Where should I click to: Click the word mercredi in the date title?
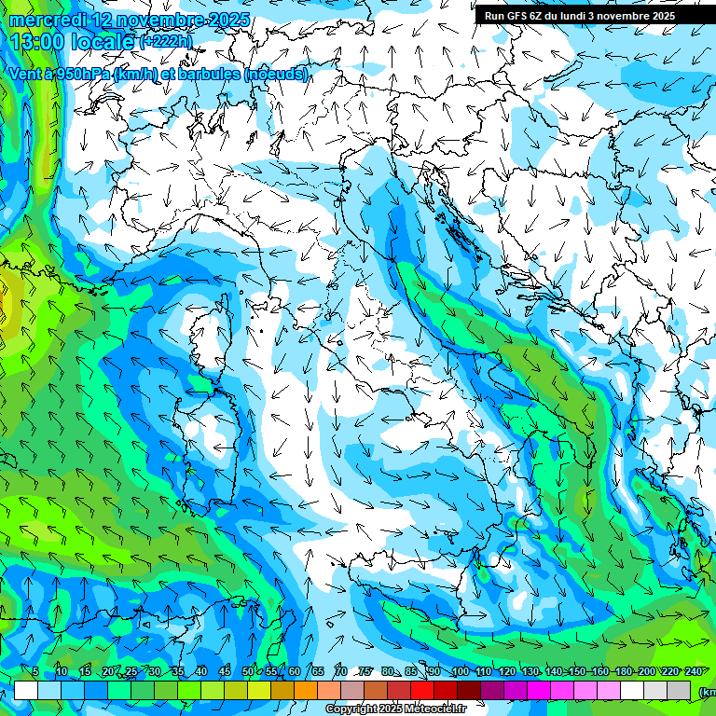(44, 20)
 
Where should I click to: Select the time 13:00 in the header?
(38, 42)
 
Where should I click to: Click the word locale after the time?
(102, 42)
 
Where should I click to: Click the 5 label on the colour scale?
(35, 671)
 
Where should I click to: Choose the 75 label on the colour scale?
(365, 671)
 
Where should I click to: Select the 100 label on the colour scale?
(460, 671)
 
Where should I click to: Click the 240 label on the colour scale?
(693, 671)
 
